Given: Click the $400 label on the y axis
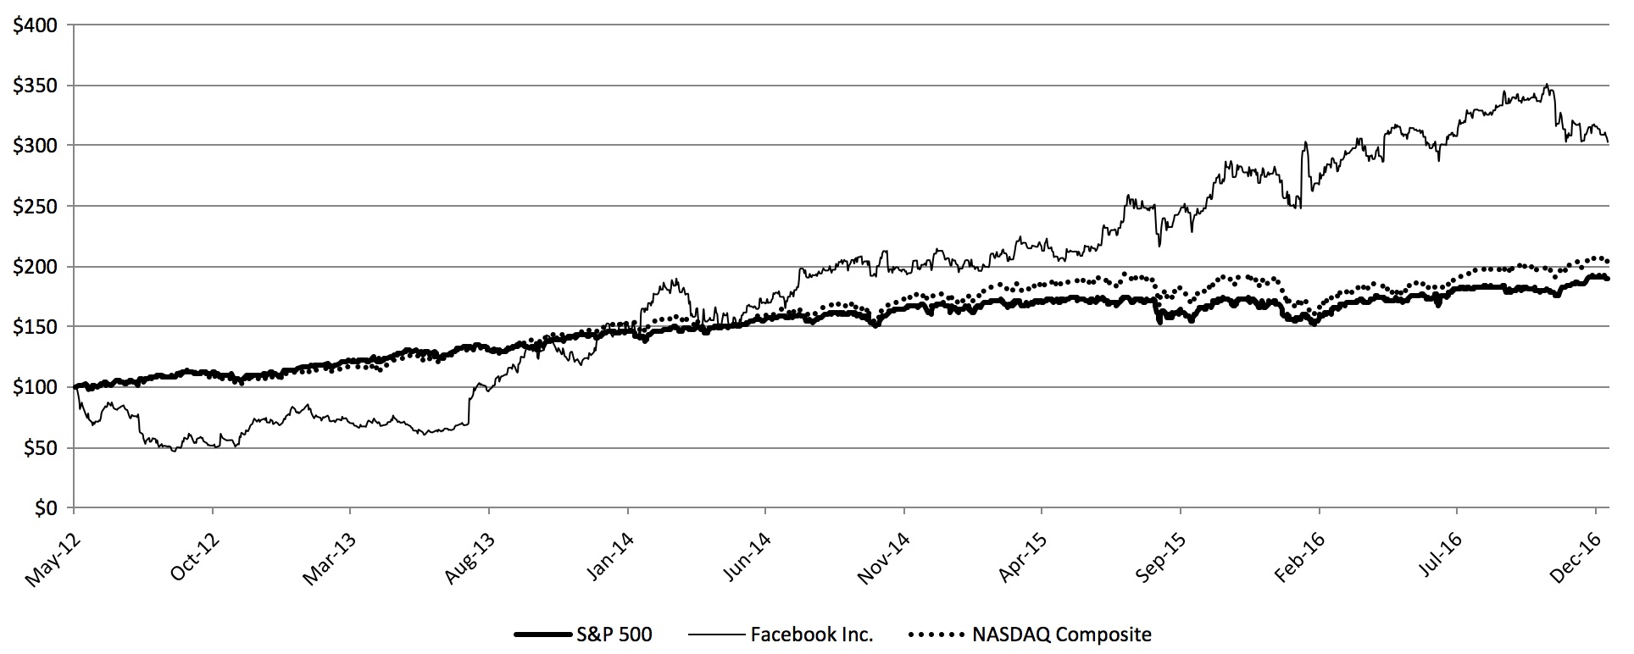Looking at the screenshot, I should [x=35, y=25].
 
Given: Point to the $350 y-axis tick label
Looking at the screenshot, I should [x=35, y=86].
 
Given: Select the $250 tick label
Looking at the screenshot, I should [x=35, y=206].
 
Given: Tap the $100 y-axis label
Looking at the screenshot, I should [x=35, y=387].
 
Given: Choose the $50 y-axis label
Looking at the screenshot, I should [x=39, y=447].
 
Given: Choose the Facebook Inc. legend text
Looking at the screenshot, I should [x=811, y=634].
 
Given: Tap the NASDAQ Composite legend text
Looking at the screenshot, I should [x=1062, y=634].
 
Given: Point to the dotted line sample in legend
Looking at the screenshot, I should [x=936, y=634].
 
